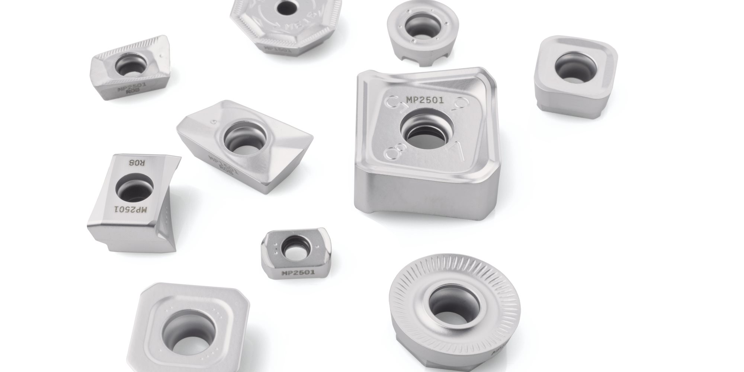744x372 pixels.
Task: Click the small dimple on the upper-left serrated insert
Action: tap(161, 56)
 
